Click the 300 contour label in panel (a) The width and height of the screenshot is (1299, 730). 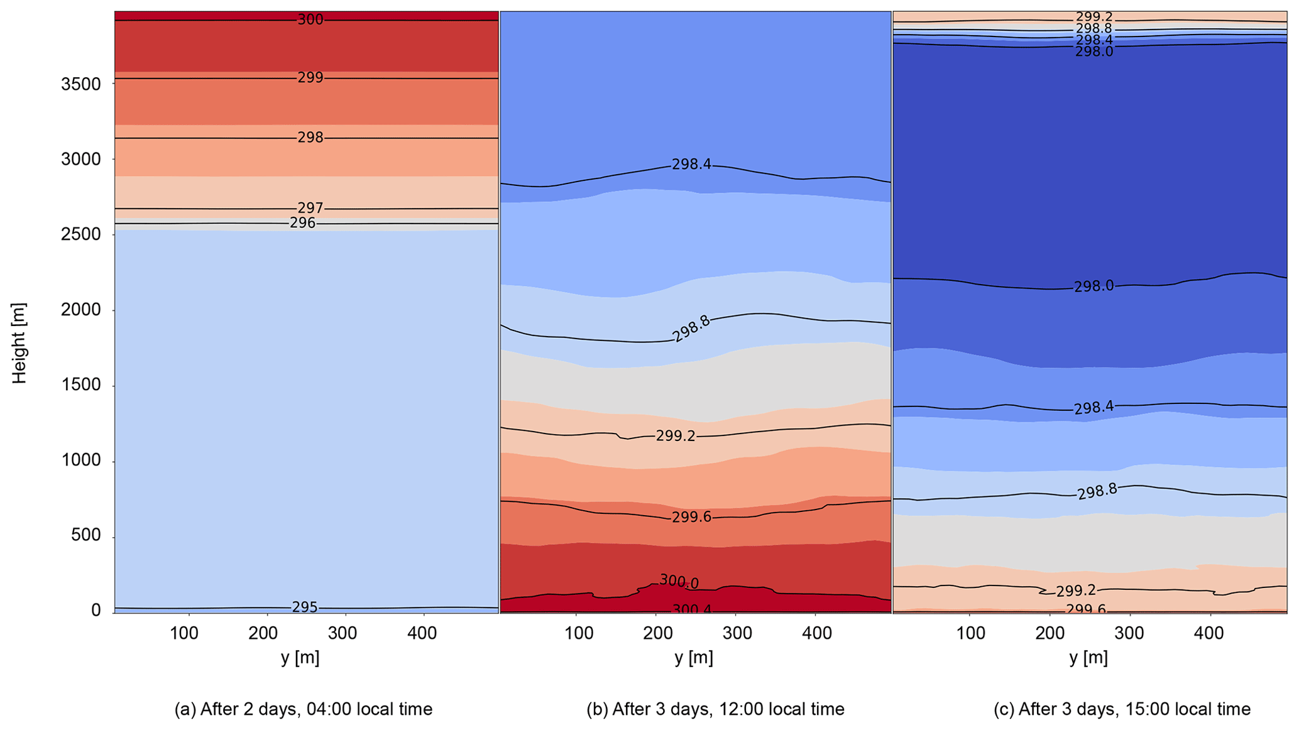310,20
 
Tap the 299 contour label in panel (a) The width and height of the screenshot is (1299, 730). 310,78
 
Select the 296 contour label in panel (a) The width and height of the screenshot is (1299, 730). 302,224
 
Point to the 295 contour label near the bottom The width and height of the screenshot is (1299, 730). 305,607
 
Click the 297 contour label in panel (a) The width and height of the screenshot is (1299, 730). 310,208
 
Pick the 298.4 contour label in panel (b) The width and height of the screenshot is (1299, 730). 691,165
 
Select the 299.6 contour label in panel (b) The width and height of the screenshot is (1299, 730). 691,517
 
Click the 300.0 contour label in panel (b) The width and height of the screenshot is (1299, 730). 679,582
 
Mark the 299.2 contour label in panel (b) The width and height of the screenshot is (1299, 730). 676,436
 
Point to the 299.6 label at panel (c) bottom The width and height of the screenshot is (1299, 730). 1085,609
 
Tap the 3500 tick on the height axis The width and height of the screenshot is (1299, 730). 81,84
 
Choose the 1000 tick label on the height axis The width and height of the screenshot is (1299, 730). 81,461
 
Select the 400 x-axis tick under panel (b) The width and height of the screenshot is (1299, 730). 816,633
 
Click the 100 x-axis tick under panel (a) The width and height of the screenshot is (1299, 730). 184,633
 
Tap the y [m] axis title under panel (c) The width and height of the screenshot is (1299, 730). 1088,658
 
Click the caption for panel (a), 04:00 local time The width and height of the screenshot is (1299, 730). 304,709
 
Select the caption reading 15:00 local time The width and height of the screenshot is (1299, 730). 1122,709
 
